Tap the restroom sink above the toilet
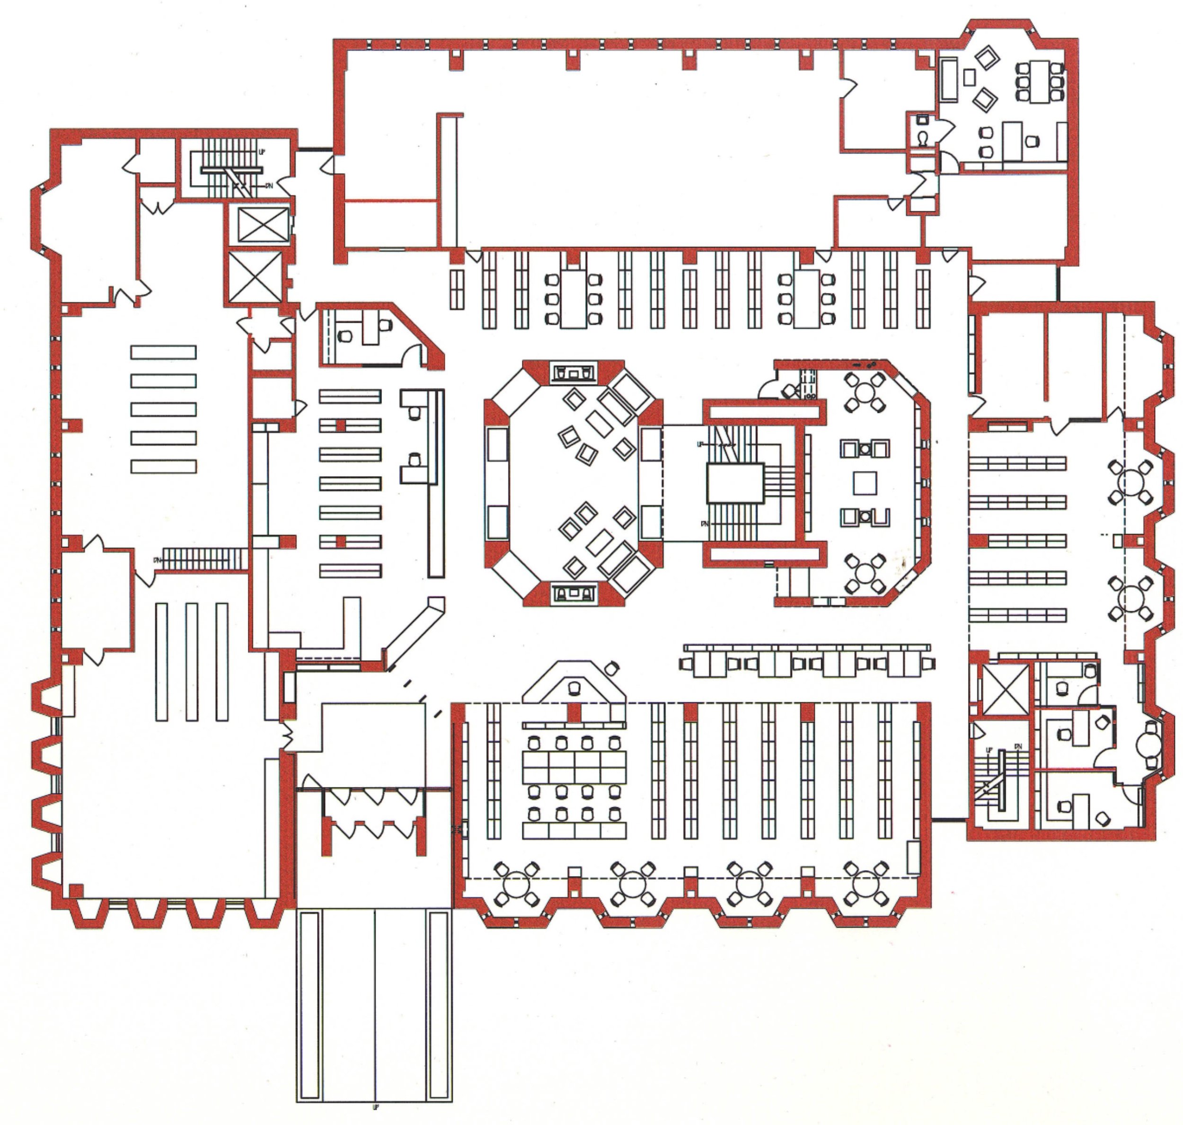click(922, 119)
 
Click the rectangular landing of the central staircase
click(734, 483)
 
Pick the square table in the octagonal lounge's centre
click(864, 483)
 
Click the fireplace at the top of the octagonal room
click(574, 372)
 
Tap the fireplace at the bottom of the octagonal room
click(574, 593)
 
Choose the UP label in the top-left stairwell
click(261, 152)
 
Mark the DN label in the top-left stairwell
click(269, 186)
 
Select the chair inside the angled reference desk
click(574, 687)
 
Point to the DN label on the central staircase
click(705, 523)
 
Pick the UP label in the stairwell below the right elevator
click(990, 750)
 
